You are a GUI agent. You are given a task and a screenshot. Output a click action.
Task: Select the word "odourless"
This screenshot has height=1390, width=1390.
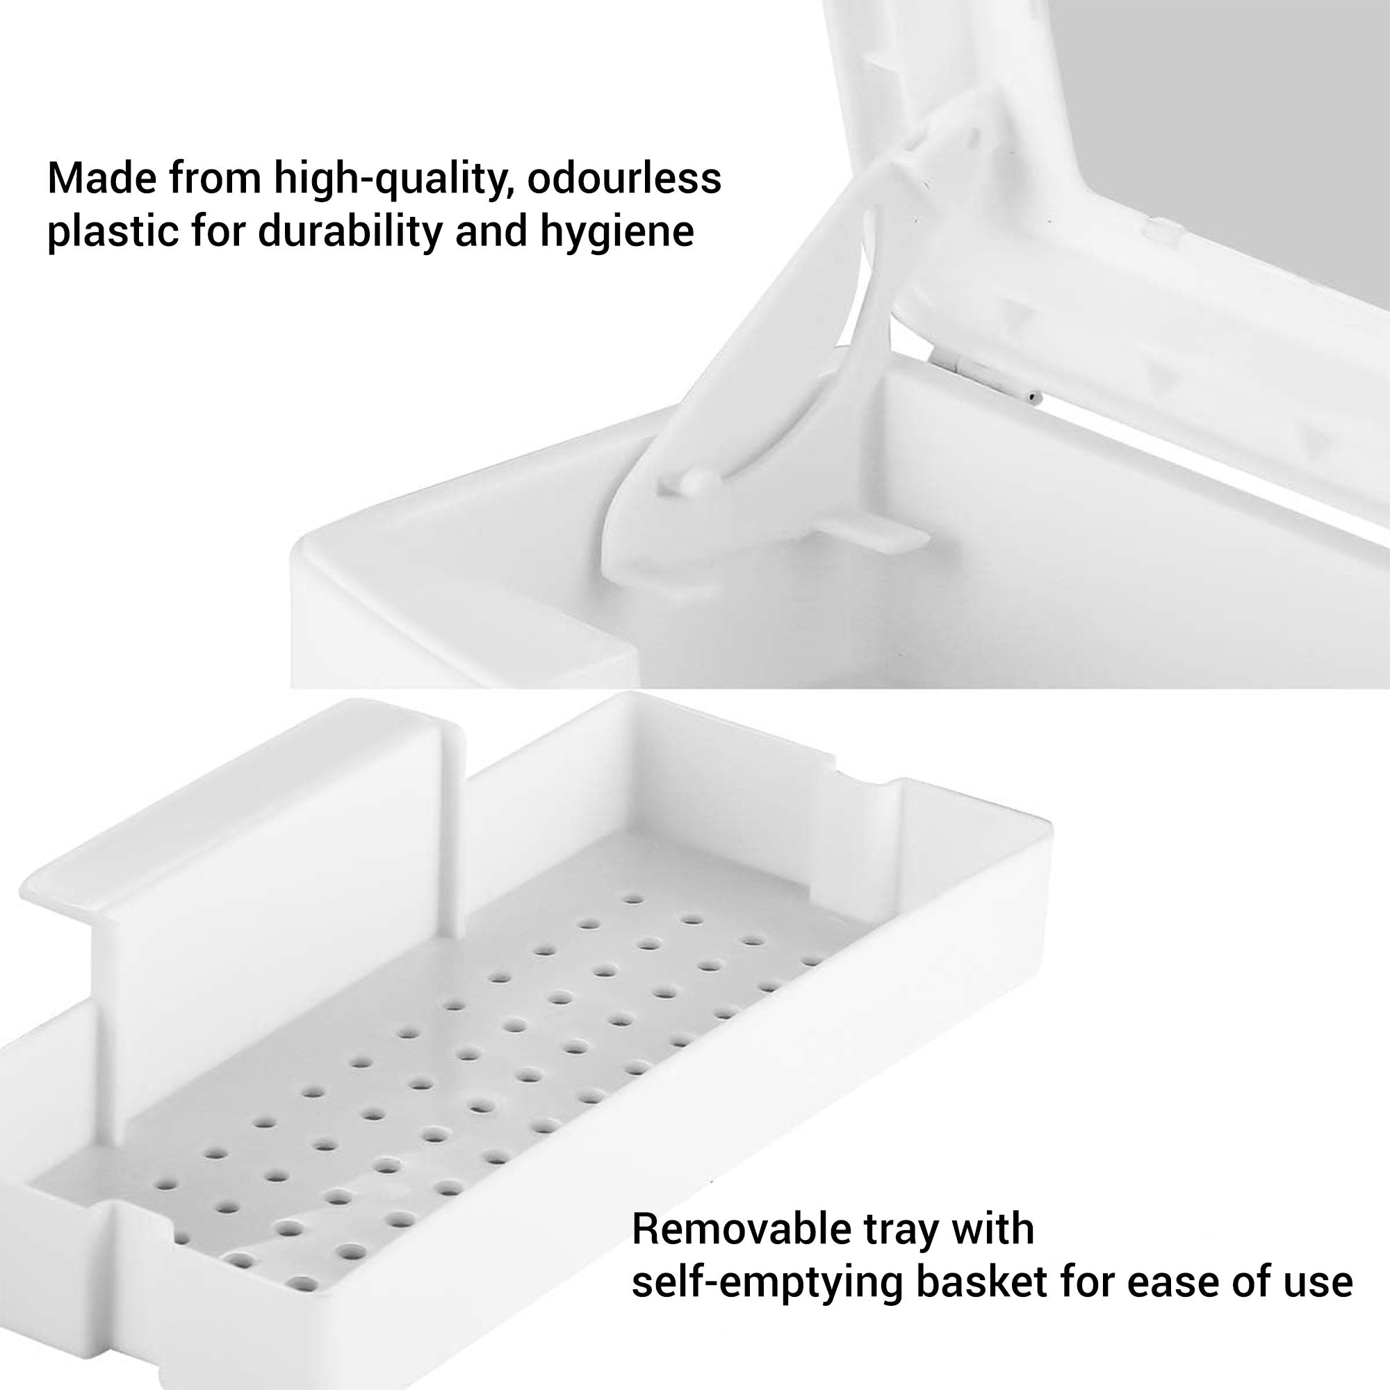(624, 178)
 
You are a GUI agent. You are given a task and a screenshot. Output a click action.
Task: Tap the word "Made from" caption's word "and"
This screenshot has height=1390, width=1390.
(490, 231)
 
